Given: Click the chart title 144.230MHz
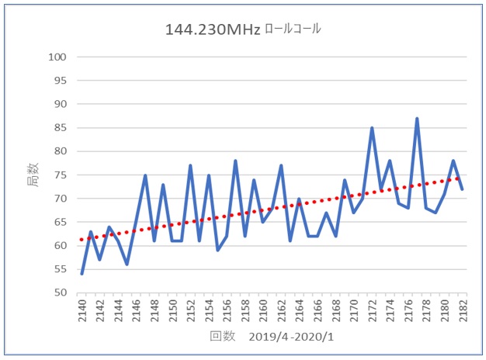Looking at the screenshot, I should point(212,29).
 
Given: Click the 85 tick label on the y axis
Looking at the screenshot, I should point(59,128).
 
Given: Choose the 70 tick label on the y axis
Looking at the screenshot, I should point(59,199).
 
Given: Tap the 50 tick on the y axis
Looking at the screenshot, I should point(59,293).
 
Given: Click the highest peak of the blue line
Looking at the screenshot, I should point(417,119).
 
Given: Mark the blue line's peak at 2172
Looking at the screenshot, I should point(372,128).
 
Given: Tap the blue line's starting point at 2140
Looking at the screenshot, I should point(82,274).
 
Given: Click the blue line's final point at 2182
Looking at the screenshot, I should point(463,189).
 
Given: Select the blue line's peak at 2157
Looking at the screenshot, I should point(235,161).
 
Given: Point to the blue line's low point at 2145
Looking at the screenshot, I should point(127,265).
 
